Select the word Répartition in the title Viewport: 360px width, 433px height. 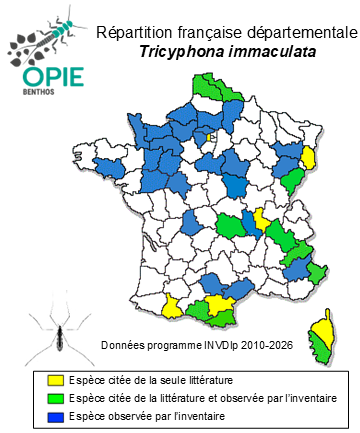click(132, 33)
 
